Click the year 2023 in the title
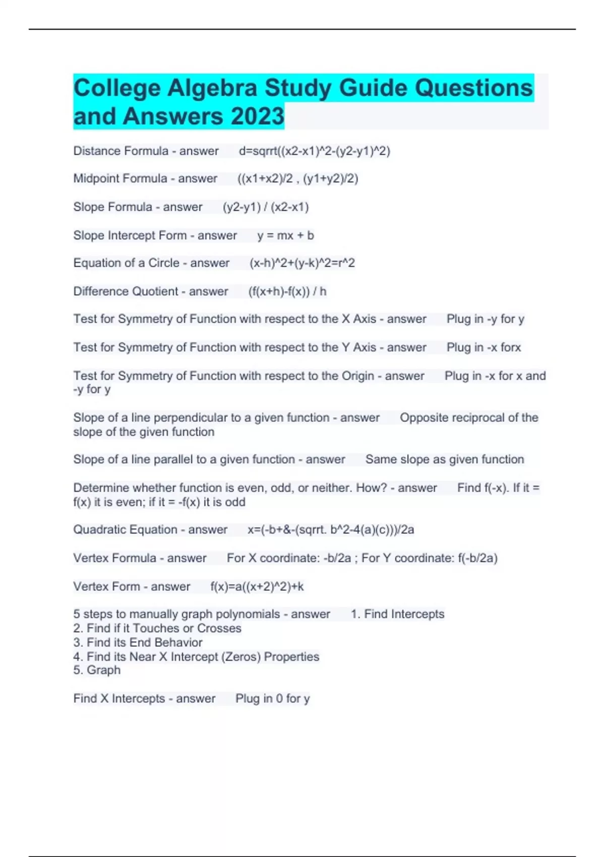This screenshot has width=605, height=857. click(258, 116)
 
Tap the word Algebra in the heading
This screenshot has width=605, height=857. click(212, 88)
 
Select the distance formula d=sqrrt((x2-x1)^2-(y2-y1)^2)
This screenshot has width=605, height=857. click(315, 151)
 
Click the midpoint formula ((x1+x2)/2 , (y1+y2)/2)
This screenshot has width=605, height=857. click(298, 178)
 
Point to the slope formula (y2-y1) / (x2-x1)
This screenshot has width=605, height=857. click(266, 207)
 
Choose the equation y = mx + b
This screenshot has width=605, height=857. click(285, 235)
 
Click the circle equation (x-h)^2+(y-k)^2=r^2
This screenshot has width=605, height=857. click(302, 263)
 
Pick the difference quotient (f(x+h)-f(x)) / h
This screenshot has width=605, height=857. click(287, 291)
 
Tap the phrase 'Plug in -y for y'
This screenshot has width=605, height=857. click(486, 319)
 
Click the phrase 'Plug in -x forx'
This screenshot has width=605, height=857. click(483, 347)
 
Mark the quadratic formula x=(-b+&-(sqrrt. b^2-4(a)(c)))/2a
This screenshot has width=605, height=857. click(331, 529)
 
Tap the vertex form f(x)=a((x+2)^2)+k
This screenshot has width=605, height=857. click(257, 586)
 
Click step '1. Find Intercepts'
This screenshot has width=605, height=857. click(397, 614)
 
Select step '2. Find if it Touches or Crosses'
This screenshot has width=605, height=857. click(157, 628)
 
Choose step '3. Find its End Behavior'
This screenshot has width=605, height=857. click(138, 642)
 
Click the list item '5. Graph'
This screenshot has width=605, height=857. click(97, 670)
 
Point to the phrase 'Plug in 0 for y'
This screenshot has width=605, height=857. click(272, 698)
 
